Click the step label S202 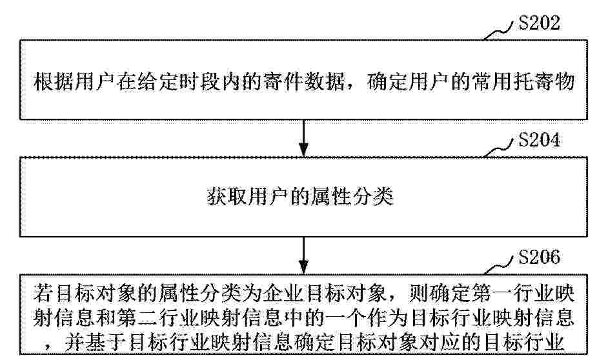[x=539, y=23]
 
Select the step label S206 [x=539, y=257]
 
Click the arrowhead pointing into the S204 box [x=303, y=150]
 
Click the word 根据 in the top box [x=54, y=81]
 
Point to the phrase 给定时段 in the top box [x=179, y=81]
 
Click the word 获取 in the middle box [x=227, y=197]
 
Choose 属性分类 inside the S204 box [x=352, y=197]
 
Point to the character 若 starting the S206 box [x=43, y=294]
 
